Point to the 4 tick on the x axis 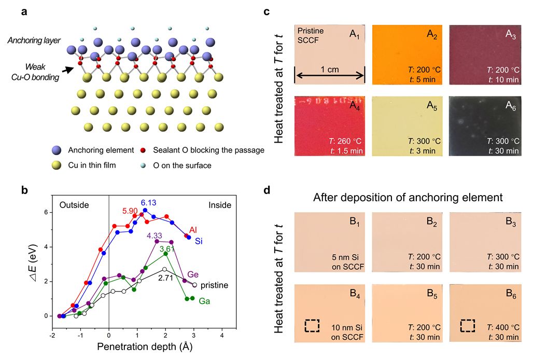click(222, 336)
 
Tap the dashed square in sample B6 click(468, 325)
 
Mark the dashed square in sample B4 click(312, 325)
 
